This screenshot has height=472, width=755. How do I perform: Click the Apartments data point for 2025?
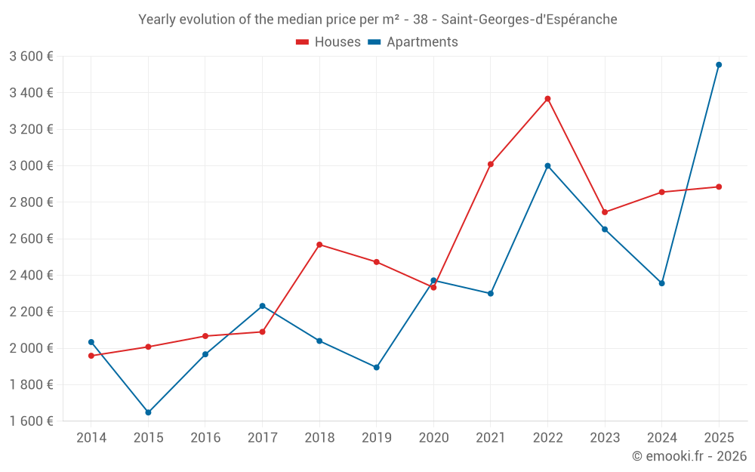(719, 65)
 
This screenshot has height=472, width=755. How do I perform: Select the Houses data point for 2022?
(547, 99)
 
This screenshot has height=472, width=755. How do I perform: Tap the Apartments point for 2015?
(148, 412)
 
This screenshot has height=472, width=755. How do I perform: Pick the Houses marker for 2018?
(319, 245)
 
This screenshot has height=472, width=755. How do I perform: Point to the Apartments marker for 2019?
(377, 368)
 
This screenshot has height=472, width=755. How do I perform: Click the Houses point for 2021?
(491, 164)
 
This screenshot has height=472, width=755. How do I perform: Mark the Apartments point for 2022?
(547, 166)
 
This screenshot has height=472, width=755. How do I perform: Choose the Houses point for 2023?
(605, 212)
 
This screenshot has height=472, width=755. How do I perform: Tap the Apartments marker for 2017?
(262, 306)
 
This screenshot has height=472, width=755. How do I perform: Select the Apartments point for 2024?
(662, 283)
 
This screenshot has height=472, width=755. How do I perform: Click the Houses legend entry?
(328, 42)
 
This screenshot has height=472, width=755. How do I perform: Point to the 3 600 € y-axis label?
(31, 57)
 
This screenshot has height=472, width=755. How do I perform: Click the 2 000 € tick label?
(31, 348)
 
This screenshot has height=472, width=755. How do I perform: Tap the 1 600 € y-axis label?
(31, 421)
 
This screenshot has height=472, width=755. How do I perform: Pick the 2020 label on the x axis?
(433, 438)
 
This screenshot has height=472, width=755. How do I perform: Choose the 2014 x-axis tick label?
(91, 438)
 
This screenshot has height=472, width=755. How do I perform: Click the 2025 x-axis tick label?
(719, 438)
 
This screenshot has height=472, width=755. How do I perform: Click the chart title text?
(377, 20)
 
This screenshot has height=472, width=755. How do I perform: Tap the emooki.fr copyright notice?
(689, 456)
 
